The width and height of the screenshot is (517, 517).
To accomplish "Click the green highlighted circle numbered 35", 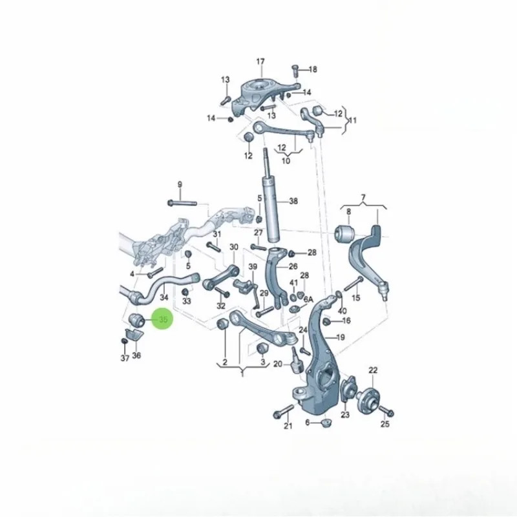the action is coord(162,319).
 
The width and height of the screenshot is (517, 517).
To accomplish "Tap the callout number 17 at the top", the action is coord(260,61).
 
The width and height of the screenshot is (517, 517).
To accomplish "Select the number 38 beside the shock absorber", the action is coord(293,201).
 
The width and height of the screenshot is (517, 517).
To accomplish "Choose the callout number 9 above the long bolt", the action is coord(180,184).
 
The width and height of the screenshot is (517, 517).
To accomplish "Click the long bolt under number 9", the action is coord(182,203).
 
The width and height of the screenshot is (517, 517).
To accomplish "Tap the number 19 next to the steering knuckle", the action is coord(341,337).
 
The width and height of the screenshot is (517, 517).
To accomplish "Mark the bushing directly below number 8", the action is coord(344,233).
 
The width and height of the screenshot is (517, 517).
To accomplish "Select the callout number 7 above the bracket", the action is coord(363,198).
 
